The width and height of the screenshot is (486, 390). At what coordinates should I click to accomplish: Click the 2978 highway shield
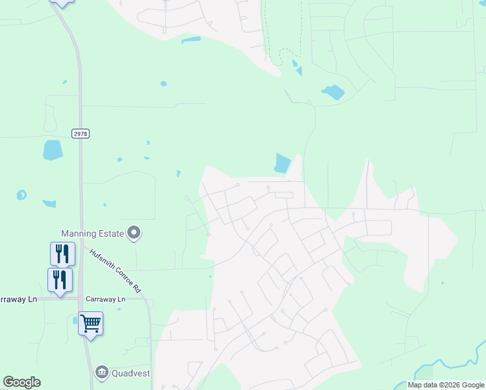coord(81,133)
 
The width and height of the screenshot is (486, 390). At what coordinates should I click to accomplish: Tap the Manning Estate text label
coord(92,233)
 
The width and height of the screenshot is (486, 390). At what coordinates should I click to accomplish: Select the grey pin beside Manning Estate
coord(134,233)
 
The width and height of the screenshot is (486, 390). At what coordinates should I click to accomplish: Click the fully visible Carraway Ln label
coord(103,299)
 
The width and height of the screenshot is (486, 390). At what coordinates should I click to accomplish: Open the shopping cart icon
coord(90,322)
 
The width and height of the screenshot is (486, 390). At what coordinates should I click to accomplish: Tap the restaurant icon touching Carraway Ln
coord(60,280)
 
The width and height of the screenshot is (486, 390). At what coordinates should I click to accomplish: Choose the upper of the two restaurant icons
coord(62,253)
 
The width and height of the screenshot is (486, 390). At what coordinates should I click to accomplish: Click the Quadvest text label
coord(132,372)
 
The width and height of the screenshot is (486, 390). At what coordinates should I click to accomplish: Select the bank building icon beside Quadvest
coord(101,372)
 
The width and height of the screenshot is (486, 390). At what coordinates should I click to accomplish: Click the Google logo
coord(21,382)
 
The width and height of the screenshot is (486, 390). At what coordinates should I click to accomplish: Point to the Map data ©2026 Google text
coord(446,385)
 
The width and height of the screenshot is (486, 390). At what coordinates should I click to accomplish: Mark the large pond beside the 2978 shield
coord(53,150)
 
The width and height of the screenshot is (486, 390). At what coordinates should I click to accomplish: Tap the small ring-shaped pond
coord(21,194)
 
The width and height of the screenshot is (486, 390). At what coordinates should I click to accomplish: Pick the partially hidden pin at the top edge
coord(61,3)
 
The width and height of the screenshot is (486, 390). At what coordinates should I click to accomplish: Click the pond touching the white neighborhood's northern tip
coord(283,163)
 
